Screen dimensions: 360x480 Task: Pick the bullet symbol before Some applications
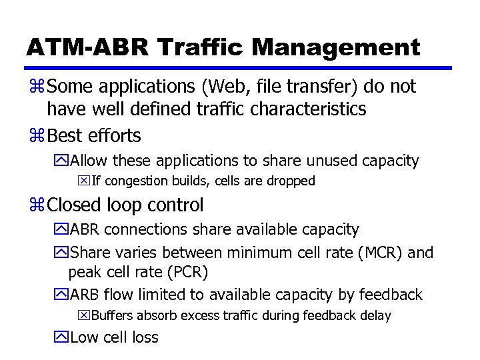point(35,87)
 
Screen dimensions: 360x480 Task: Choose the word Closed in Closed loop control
point(75,205)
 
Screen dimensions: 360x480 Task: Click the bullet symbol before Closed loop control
point(35,205)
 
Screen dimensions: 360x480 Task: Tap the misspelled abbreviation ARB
point(84,295)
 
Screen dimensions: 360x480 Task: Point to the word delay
point(375,315)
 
